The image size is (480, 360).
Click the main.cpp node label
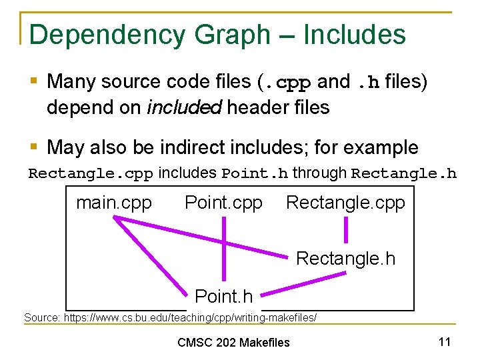coord(114,203)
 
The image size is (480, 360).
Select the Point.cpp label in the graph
coord(223,203)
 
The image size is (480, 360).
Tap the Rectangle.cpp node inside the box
coord(345,203)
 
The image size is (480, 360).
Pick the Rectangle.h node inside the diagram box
coord(345,258)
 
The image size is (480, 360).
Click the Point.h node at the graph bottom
coord(223,296)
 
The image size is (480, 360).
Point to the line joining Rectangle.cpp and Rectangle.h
coord(345,231)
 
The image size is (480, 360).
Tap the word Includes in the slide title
coord(354,34)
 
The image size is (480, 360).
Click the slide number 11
coord(445,342)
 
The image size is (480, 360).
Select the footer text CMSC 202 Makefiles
coord(233,343)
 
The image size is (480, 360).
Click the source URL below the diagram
coord(170,317)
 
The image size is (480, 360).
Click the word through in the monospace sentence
coord(319,173)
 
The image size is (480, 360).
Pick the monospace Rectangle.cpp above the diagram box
coord(91,174)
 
